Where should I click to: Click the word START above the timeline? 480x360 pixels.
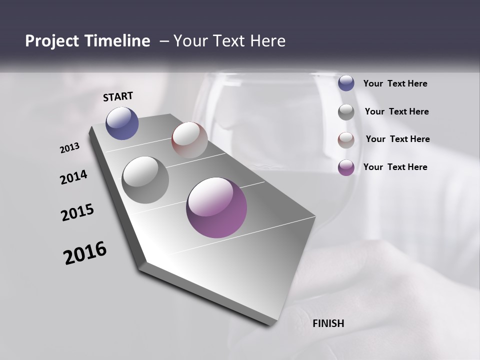point(118,96)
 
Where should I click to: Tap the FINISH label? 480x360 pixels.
point(328,323)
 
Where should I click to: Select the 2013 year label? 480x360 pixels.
point(70,148)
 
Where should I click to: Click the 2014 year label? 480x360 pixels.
point(74,177)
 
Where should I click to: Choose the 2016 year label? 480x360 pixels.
point(85,253)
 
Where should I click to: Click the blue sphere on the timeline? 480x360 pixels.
point(122,123)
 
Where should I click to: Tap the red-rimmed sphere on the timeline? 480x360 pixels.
point(189,140)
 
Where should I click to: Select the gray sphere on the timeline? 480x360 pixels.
point(145,180)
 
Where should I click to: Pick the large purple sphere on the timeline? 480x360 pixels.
point(216,207)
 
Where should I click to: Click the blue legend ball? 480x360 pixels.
point(346,83)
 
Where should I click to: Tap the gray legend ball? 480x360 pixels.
point(346,112)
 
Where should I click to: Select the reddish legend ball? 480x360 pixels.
point(346,140)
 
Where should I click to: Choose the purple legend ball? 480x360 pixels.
point(346,167)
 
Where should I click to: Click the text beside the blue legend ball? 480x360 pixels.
point(395,84)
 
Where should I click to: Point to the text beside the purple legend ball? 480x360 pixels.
point(395,167)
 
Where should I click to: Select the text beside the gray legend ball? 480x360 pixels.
point(396,111)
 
